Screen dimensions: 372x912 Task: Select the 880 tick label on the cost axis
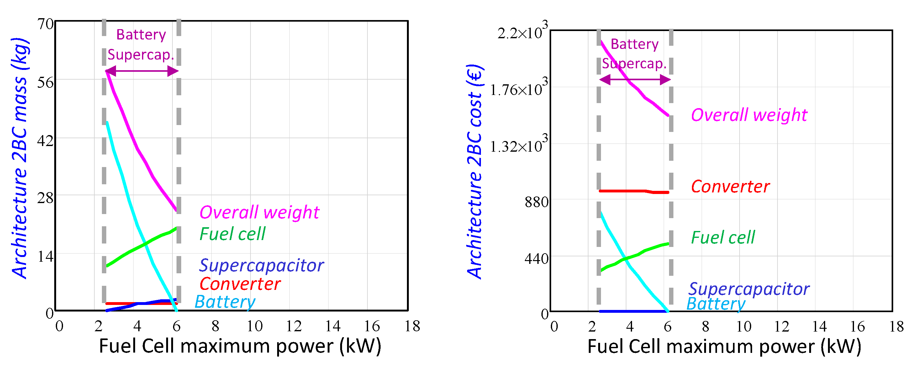coord(536,202)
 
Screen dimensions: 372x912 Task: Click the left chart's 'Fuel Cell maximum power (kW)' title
coord(240,346)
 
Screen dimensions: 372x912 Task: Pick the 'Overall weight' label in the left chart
coord(259,212)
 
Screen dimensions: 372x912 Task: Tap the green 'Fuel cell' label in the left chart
coord(232,234)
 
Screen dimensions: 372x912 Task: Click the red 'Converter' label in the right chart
coord(730,186)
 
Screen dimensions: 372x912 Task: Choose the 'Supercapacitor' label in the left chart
coord(261,265)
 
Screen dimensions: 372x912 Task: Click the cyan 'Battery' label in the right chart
coord(715,304)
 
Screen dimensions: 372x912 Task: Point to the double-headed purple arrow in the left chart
coord(142,71)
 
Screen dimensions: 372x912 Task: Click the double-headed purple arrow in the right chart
coord(635,80)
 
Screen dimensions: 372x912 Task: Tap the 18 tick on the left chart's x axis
coord(412,326)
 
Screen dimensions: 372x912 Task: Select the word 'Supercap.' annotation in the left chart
coord(140,55)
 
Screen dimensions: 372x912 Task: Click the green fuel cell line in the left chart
coord(142,246)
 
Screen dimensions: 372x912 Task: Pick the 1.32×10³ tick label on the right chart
coord(518,146)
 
